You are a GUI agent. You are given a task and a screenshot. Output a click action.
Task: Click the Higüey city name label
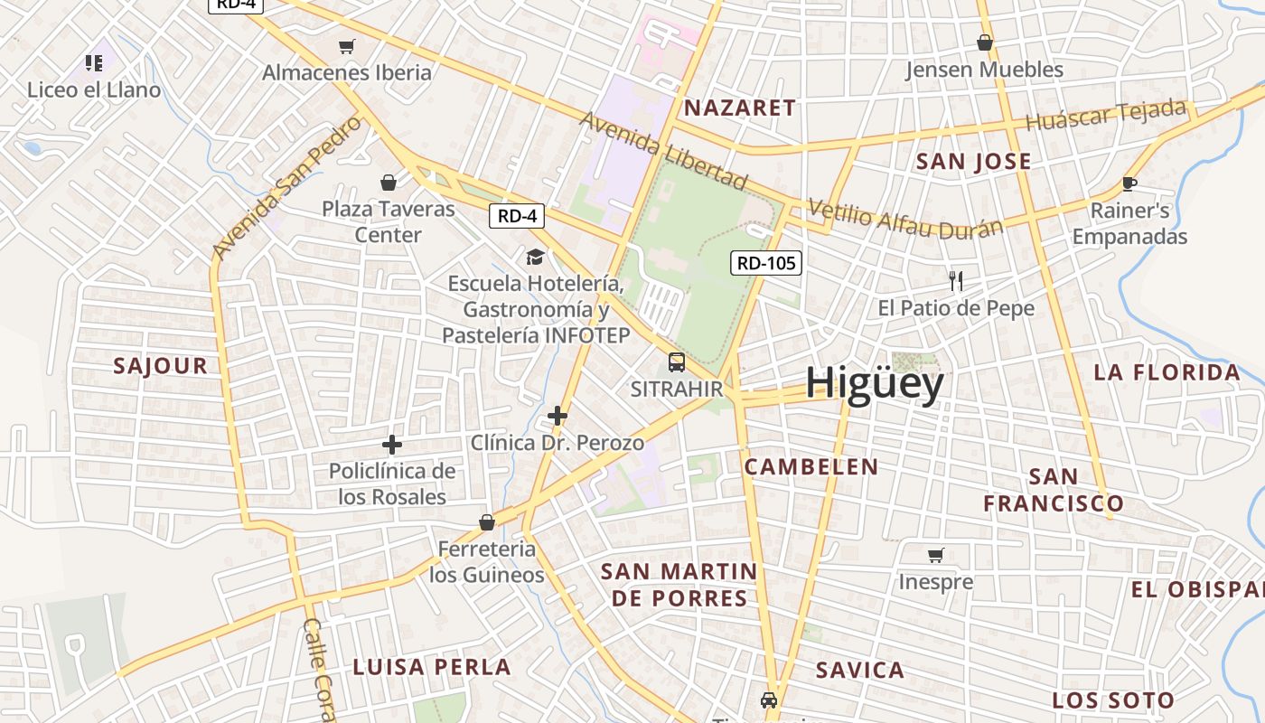(874, 382)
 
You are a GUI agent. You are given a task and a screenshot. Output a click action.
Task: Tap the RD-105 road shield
(766, 263)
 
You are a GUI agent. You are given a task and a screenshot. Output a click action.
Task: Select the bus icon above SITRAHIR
(676, 362)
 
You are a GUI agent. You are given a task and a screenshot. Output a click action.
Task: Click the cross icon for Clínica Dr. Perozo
(558, 416)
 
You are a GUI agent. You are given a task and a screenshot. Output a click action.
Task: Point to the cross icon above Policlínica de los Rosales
(391, 444)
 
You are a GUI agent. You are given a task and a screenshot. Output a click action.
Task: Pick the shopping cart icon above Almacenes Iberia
(346, 46)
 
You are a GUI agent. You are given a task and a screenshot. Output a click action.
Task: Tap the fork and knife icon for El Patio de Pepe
(956, 280)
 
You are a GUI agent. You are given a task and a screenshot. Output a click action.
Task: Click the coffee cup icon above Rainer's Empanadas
(1129, 183)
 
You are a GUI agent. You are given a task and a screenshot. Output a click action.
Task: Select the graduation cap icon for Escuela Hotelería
(536, 257)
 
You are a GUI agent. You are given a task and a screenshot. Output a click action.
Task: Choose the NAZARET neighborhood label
(740, 108)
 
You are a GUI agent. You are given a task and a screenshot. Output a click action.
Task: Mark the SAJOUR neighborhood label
(161, 366)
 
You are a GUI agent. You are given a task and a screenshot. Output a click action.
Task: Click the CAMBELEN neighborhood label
(811, 466)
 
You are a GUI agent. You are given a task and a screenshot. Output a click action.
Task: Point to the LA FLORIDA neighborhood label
(1167, 372)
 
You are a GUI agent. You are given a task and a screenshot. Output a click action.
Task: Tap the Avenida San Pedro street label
(286, 187)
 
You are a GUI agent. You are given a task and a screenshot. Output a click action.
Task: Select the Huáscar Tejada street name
(1106, 115)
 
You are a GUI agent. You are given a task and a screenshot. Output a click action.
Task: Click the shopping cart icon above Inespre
(935, 555)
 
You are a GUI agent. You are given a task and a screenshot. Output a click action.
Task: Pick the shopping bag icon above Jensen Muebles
(984, 42)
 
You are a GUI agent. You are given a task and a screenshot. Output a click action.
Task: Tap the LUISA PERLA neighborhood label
(432, 667)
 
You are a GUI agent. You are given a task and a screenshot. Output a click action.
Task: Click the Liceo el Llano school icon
(94, 62)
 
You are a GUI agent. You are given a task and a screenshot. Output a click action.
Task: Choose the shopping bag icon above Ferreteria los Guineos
(486, 521)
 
